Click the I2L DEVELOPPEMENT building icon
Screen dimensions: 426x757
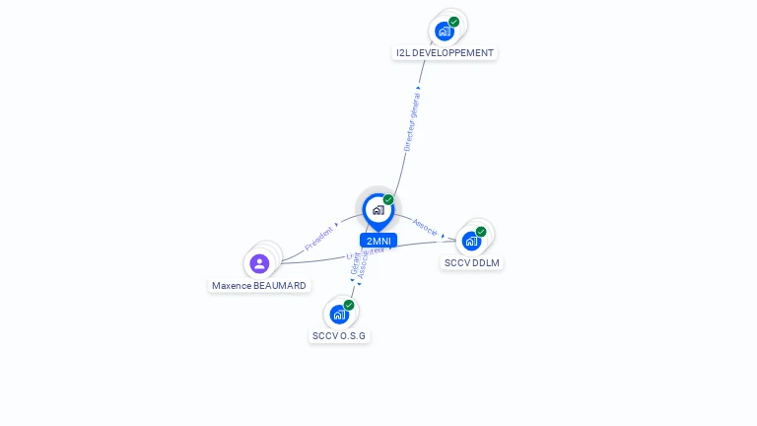pos(445,31)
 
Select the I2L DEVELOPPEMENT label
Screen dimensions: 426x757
pos(445,53)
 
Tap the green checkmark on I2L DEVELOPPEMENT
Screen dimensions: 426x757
pos(453,22)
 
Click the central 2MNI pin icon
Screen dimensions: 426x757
pos(378,210)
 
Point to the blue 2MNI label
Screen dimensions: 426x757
pos(378,241)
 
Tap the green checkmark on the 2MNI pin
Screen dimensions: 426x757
pos(388,200)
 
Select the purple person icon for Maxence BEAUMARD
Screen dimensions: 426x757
pos(259,263)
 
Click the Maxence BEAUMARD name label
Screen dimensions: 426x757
pos(259,286)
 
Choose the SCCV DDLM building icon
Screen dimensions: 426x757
pos(471,241)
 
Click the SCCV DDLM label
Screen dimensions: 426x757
pos(472,263)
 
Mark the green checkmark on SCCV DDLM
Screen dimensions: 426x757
pos(481,232)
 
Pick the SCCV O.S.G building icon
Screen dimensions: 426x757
pos(339,315)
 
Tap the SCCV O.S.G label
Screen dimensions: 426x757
pos(339,336)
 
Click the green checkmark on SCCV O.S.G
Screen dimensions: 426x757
pos(349,306)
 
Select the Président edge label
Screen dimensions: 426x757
pos(318,239)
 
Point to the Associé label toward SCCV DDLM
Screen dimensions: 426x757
pos(425,225)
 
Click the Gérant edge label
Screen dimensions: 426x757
pos(356,263)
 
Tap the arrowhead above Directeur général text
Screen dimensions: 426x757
pos(418,89)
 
